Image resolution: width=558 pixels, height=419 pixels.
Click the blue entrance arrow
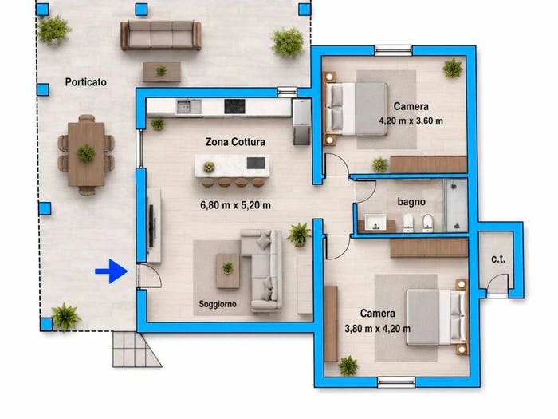click(x=112, y=271)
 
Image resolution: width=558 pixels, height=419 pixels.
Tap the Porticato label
click(x=86, y=82)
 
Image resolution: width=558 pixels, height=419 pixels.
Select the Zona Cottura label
click(x=235, y=142)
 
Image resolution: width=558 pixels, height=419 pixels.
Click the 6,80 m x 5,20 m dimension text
click(x=235, y=205)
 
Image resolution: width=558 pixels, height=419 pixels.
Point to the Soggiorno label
click(x=218, y=304)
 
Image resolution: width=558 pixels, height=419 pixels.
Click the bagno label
click(x=411, y=202)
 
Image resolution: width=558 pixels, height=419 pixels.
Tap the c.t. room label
click(x=498, y=259)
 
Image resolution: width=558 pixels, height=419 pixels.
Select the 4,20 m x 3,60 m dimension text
click(x=411, y=121)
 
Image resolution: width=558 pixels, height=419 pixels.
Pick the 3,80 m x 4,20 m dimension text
click(x=378, y=329)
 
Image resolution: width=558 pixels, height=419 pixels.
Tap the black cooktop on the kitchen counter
click(x=234, y=106)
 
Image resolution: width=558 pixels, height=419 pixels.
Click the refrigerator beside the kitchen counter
click(x=301, y=122)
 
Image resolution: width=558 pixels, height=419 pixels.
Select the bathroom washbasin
click(x=375, y=222)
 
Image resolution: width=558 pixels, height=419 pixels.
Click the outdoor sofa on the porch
click(x=161, y=35)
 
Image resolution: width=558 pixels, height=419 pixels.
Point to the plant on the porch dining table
click(x=86, y=153)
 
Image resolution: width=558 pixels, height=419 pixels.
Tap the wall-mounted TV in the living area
click(x=151, y=226)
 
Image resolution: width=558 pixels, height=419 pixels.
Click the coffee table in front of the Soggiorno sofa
click(x=228, y=271)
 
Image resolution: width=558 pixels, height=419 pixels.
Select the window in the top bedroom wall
click(x=394, y=50)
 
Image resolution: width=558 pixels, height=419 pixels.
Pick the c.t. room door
click(x=497, y=283)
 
